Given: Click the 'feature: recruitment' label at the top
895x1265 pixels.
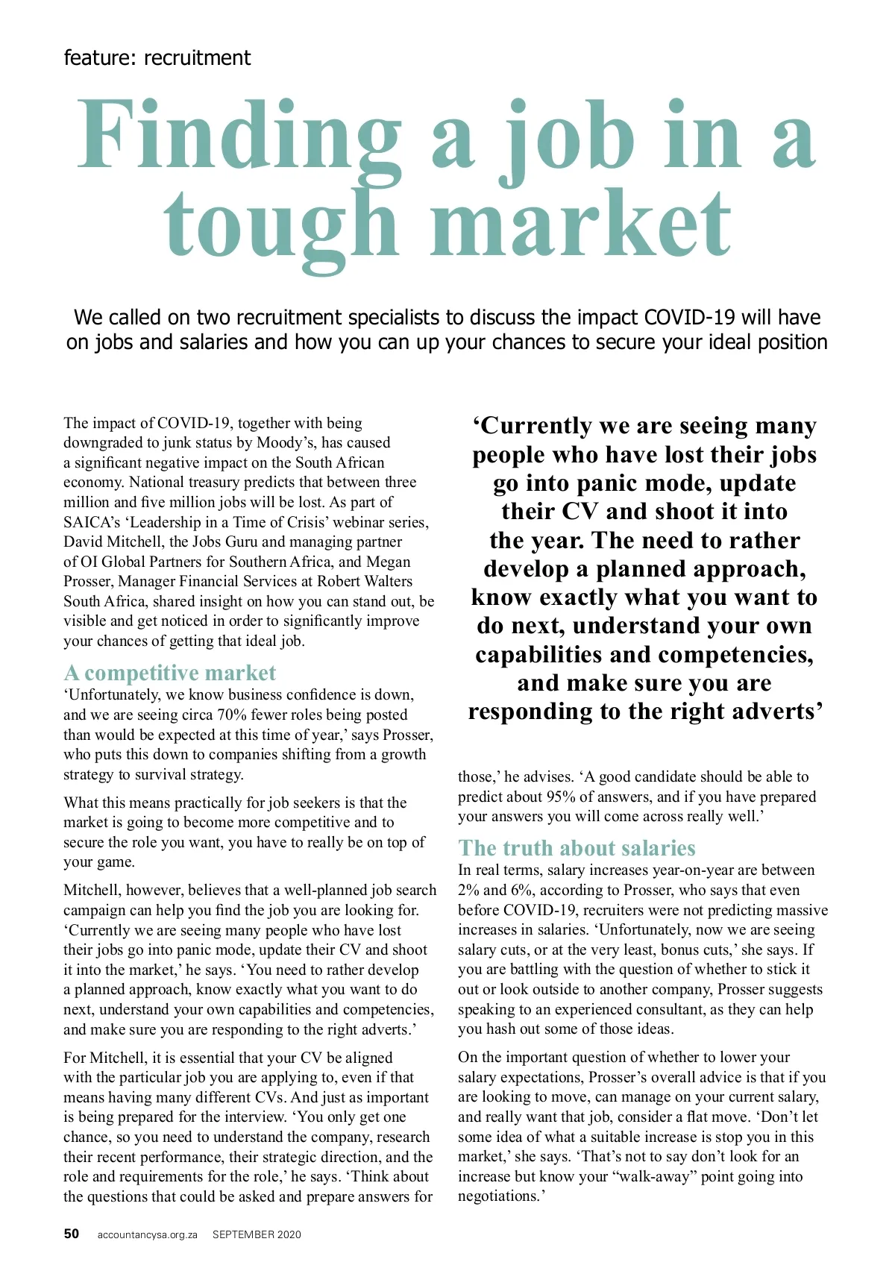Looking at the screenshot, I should (157, 58).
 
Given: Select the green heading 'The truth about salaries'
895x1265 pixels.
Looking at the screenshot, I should (577, 848).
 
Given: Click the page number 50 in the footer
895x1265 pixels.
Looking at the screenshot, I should (72, 1234).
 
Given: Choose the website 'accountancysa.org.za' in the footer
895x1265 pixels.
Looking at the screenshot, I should (147, 1235).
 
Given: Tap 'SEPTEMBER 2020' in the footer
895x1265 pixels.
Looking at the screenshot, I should (257, 1235).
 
